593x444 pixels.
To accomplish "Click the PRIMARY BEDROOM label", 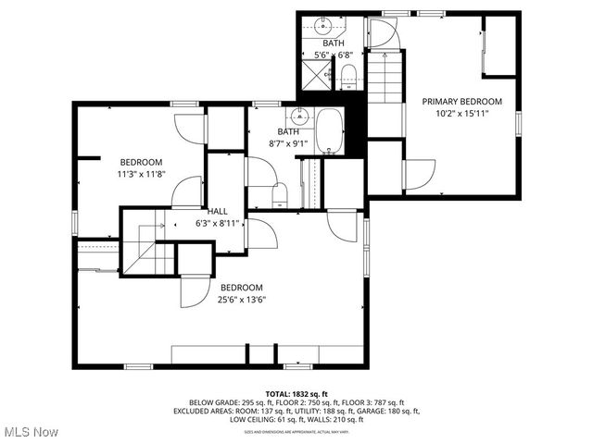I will click(462, 101).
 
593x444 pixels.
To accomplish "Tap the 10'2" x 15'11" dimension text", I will click(462, 113).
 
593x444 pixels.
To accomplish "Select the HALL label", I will click(218, 211).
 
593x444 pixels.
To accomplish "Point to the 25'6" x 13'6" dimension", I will click(241, 299).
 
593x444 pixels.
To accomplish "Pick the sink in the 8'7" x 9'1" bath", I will click(298, 117).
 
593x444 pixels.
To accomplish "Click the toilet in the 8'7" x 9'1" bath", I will click(281, 194).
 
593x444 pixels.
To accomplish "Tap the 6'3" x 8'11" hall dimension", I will click(218, 223).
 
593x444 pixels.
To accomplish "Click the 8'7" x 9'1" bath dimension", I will click(286, 143).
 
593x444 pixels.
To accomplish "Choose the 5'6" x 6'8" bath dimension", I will click(334, 55).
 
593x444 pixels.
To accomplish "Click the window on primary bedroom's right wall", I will click(519, 120).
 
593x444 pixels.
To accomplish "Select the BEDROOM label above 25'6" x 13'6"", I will click(241, 287).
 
